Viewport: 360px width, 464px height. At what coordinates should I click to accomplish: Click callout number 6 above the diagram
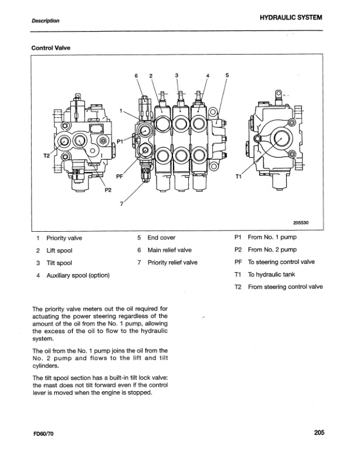tap(135, 76)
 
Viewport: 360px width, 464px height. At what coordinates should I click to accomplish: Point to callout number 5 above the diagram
tap(227, 76)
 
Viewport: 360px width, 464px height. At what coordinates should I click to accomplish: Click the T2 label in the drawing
tap(47, 156)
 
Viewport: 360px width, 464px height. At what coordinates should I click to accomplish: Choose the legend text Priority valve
tap(64, 238)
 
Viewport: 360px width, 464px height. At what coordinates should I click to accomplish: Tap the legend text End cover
tap(162, 238)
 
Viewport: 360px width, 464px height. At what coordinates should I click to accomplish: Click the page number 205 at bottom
tap(318, 433)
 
